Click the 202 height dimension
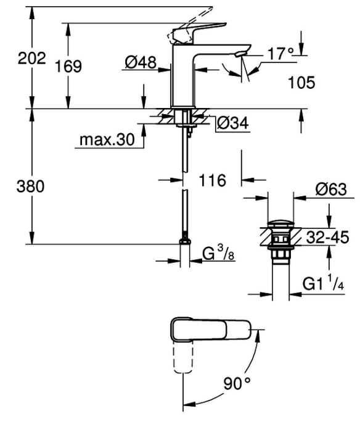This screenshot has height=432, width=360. pos(31,59)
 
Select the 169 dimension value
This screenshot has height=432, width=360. pos(68,67)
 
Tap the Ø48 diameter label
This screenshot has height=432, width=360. pos(141,62)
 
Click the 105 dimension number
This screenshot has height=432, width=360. pos(301,82)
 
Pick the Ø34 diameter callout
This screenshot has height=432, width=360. pos(233,123)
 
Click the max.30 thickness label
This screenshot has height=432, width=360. pos(107,139)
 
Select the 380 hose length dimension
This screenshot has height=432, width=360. pos(30,186)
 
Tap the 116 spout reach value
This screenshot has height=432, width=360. pos(212,180)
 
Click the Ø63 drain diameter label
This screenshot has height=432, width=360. pos(331,189)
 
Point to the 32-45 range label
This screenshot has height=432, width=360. pos(327,237)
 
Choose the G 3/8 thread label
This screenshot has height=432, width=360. pos(218,253)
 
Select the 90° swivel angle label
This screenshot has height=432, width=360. pos(237,383)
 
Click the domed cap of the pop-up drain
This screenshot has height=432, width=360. pos(280,223)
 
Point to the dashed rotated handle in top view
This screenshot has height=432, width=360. pos(183,357)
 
